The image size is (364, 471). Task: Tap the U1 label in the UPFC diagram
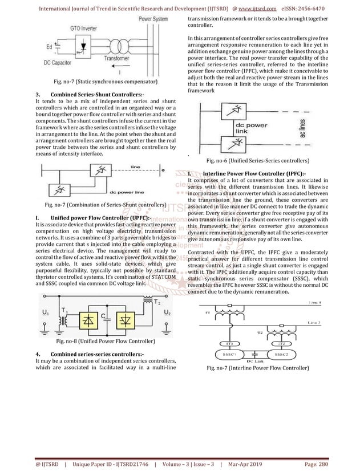click(45, 313)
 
